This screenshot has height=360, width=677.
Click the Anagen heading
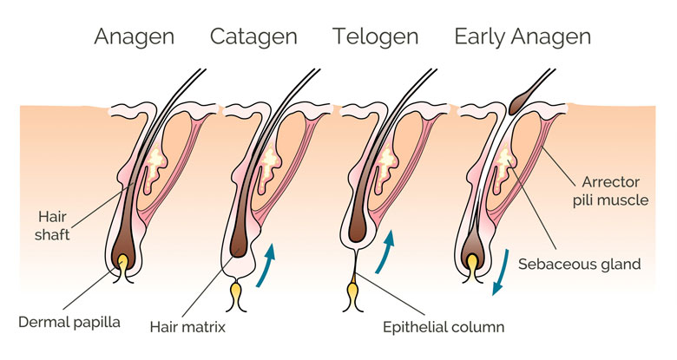coord(135,36)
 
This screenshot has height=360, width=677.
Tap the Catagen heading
coord(253,36)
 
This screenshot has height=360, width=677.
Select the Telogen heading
coord(375,36)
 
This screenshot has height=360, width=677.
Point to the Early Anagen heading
coord(523,36)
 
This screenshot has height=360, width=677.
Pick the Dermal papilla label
coord(69,322)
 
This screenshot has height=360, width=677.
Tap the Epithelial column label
coord(444,327)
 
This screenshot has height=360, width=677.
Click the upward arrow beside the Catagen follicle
coord(271,261)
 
